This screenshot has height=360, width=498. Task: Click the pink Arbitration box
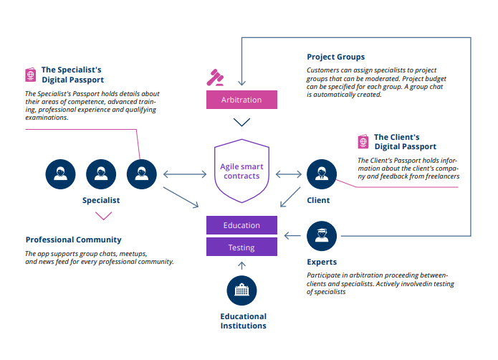click(241, 100)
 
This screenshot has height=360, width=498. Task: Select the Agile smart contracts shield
click(241, 171)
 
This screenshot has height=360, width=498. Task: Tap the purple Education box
click(241, 225)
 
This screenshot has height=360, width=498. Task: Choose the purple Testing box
click(241, 247)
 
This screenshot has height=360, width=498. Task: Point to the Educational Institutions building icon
click(241, 290)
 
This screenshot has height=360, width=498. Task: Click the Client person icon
click(320, 174)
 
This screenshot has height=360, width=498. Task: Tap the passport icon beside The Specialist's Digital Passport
click(31, 75)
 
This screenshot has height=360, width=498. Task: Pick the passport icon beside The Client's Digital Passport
click(364, 141)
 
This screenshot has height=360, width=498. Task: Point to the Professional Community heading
click(73, 240)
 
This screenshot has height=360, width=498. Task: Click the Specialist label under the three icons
click(100, 201)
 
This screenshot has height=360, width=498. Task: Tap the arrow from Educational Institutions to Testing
click(241, 265)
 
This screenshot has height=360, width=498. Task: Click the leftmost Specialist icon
click(59, 174)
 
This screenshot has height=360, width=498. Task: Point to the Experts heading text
click(321, 262)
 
